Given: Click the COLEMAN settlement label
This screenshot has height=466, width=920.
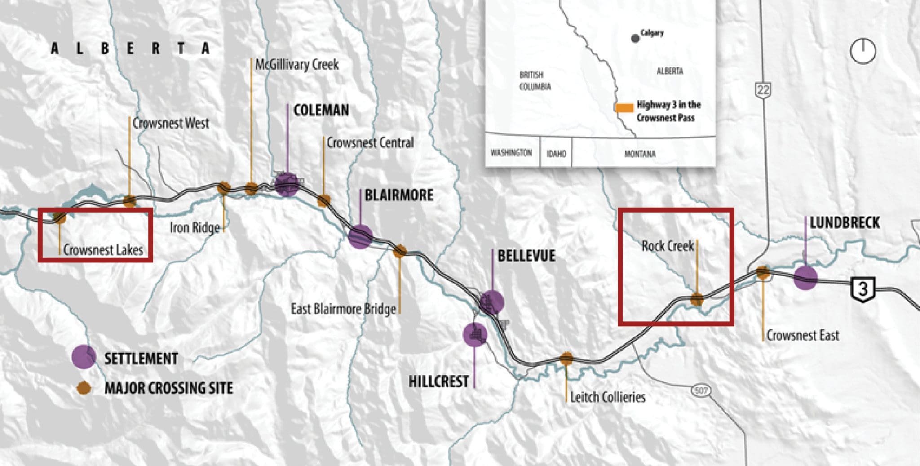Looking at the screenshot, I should tap(321, 111).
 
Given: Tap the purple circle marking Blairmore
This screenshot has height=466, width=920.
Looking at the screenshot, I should tap(360, 236).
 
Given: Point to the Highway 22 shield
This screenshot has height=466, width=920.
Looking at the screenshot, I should tap(763, 89).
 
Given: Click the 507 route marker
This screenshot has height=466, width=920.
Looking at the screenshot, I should tap(701, 391).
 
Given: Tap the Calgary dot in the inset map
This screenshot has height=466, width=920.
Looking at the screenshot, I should tap(635, 39).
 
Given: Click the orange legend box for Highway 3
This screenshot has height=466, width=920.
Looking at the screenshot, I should tap(624, 108).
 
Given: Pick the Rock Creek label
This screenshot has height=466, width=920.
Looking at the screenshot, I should tap(668, 246).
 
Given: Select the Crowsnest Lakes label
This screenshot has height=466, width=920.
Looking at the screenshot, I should tap(103, 250).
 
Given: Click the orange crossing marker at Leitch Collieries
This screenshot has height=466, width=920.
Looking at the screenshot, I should tap(566, 358).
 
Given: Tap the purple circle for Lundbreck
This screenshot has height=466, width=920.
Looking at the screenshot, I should tap(805, 278).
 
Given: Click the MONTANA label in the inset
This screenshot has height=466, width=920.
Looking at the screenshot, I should tap(640, 154).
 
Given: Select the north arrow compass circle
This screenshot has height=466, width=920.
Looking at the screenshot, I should tap(863, 51).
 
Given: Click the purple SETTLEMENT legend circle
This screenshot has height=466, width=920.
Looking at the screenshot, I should tap(84, 357).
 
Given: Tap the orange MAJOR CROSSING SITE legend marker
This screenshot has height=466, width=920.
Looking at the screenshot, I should tap(84, 388).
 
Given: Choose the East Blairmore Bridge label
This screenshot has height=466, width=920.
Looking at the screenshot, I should tap(343, 309).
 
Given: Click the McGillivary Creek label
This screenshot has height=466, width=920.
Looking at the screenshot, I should tap(297, 65).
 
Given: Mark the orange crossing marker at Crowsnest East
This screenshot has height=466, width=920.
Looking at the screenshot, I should tap(762, 272).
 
